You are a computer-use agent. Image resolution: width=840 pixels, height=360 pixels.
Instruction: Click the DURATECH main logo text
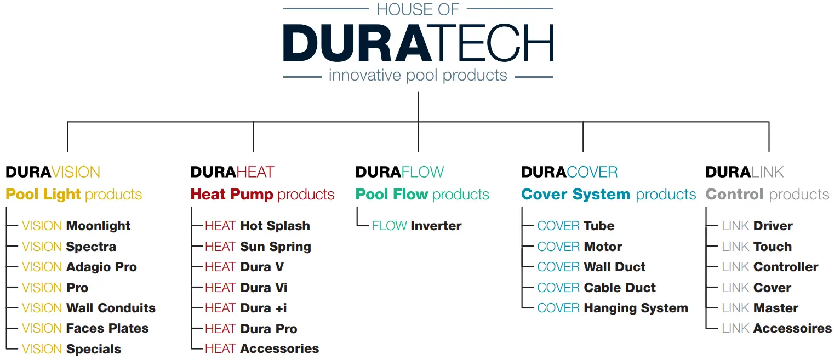[x=418, y=43]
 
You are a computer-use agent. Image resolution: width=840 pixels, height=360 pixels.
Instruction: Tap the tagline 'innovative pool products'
[x=418, y=75]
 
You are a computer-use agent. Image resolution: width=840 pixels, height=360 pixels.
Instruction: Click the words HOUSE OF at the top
[x=418, y=9]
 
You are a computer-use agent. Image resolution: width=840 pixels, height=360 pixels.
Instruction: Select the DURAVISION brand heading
[x=53, y=172]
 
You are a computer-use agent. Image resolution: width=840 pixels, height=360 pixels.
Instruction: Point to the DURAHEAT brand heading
[x=232, y=172]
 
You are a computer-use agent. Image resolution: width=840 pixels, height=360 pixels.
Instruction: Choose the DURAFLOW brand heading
[x=400, y=172]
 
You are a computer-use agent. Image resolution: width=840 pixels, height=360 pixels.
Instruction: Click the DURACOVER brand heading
[x=569, y=172]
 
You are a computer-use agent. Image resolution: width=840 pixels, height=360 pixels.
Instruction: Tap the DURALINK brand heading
[x=745, y=172]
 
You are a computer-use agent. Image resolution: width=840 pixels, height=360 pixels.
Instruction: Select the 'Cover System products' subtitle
[x=609, y=195]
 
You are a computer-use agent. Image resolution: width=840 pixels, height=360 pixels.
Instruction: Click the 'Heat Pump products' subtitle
[x=262, y=195]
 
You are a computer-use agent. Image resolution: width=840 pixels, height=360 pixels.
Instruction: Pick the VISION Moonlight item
[x=76, y=226]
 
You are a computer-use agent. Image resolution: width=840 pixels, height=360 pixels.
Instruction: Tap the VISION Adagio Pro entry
[x=79, y=267]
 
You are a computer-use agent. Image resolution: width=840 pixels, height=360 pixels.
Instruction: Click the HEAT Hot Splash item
[x=258, y=226]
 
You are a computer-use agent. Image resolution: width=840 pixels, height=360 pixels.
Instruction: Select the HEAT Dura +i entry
[x=246, y=308]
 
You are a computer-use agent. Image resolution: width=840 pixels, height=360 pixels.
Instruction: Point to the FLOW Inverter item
[x=416, y=226]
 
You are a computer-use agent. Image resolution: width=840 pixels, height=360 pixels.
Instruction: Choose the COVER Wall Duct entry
[x=591, y=267]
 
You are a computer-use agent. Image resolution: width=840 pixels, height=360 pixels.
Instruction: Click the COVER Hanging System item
[x=613, y=308]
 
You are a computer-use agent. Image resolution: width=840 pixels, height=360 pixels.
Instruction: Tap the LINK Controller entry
[x=770, y=267]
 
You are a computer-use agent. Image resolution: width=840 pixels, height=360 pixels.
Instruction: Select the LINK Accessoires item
[x=776, y=329]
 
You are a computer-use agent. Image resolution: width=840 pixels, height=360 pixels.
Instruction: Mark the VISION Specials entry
[x=71, y=349]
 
